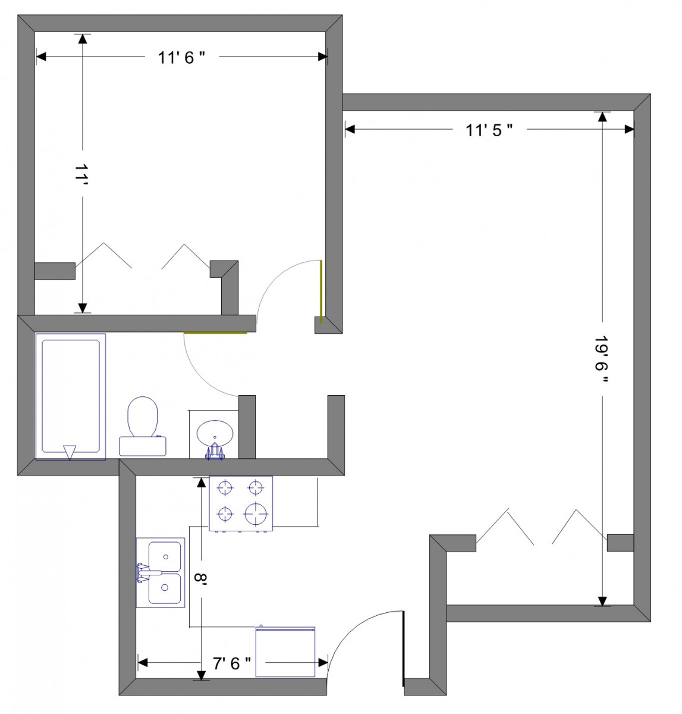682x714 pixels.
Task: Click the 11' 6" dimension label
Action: click(x=181, y=58)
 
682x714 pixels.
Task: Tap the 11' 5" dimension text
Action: click(x=489, y=130)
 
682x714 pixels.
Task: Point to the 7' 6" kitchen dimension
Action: click(x=232, y=663)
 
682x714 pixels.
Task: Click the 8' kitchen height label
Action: click(x=200, y=578)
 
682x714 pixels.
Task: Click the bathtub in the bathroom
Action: click(x=70, y=397)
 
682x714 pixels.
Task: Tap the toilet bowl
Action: click(x=143, y=417)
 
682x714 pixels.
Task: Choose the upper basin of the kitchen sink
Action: click(x=165, y=556)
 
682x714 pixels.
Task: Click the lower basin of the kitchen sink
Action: click(x=165, y=588)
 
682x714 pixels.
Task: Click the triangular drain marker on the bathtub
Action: click(x=70, y=452)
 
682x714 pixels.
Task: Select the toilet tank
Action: click(x=143, y=446)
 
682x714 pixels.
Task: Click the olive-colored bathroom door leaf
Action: click(x=215, y=333)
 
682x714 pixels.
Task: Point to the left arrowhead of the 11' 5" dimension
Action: click(x=350, y=129)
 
